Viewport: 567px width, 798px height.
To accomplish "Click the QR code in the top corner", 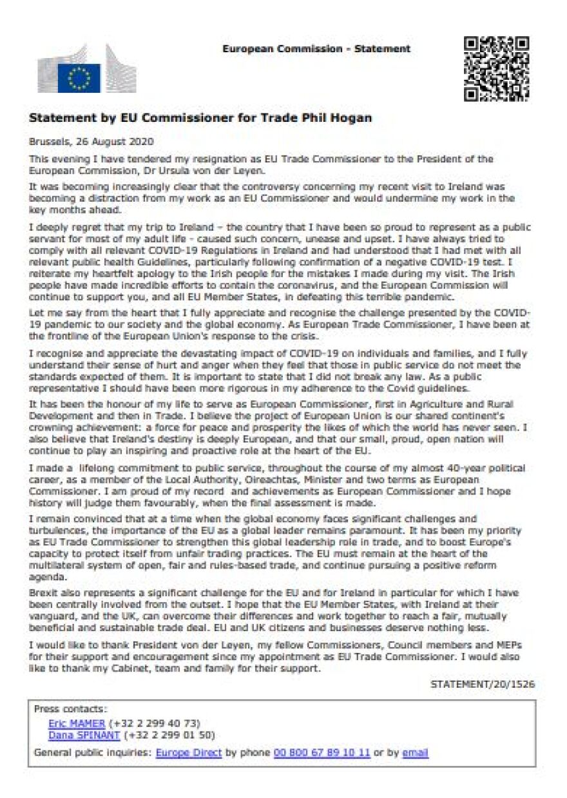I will click(x=497, y=68).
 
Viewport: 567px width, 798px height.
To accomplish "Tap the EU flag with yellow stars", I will click(x=79, y=78).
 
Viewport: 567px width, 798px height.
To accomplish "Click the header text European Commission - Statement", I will click(x=316, y=49).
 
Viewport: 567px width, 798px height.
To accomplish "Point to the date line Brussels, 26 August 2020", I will click(x=91, y=141).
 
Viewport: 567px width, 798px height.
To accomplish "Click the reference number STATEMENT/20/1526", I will click(x=483, y=684).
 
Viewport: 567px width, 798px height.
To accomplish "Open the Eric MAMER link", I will click(x=76, y=723).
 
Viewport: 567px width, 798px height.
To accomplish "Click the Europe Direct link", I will click(x=189, y=752).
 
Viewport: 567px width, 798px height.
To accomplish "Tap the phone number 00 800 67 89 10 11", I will click(x=322, y=752).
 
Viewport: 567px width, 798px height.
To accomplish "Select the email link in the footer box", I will click(x=416, y=752).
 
